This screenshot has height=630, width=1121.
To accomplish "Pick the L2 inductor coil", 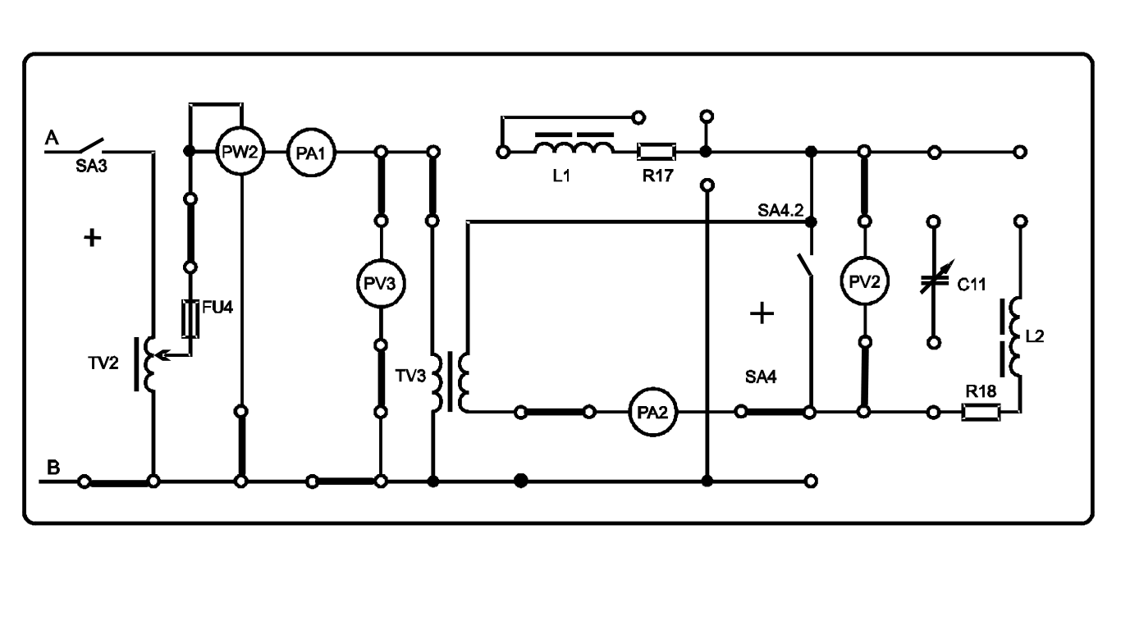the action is coord(1016,336).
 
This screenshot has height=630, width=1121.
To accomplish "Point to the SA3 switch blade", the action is coord(90,145).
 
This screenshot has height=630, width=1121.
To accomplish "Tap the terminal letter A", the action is coord(52,137).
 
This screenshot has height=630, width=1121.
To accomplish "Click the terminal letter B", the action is coord(53,468).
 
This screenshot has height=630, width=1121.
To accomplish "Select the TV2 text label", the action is coord(103,363).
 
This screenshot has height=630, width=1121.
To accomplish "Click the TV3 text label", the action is coord(410,376).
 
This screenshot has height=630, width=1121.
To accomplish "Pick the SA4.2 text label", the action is coord(780,211).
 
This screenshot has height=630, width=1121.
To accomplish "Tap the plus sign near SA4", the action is coord(762,313).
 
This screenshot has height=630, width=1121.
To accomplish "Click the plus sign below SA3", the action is coord(92,238).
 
